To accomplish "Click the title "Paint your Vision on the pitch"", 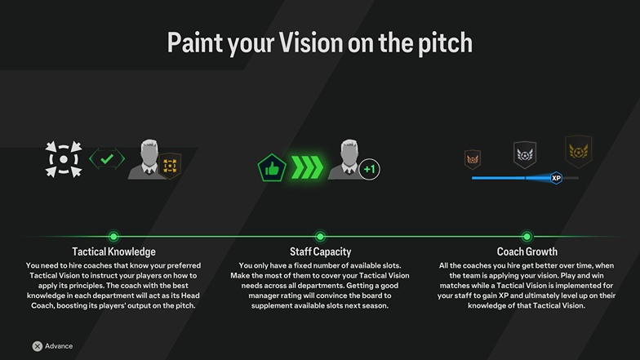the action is pyautogui.click(x=320, y=42).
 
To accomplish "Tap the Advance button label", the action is pyautogui.click(x=59, y=346).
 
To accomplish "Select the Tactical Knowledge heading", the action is pyautogui.click(x=114, y=251).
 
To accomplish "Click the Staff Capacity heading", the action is pyautogui.click(x=320, y=251).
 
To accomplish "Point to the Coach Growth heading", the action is pyautogui.click(x=527, y=251).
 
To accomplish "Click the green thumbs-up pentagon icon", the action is pyautogui.click(x=271, y=168).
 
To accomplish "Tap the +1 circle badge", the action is pyautogui.click(x=369, y=169).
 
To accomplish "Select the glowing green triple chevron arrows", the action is pyautogui.click(x=307, y=167).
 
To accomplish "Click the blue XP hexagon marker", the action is pyautogui.click(x=556, y=178).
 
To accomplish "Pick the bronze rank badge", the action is pyautogui.click(x=473, y=159).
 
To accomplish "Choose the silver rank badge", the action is pyautogui.click(x=524, y=155).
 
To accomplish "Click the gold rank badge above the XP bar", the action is pyautogui.click(x=578, y=152).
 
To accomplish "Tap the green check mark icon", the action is pyautogui.click(x=107, y=158).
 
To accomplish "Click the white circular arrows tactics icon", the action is pyautogui.click(x=64, y=159).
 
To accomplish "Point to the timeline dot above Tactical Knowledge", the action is pyautogui.click(x=113, y=237).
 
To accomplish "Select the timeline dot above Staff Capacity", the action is pyautogui.click(x=320, y=237).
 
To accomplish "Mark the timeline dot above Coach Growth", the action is pyautogui.click(x=527, y=237).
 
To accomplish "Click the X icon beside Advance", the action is pyautogui.click(x=38, y=346).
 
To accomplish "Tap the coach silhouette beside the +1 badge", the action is pyautogui.click(x=348, y=159).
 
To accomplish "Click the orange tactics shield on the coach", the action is pyautogui.click(x=170, y=166).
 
